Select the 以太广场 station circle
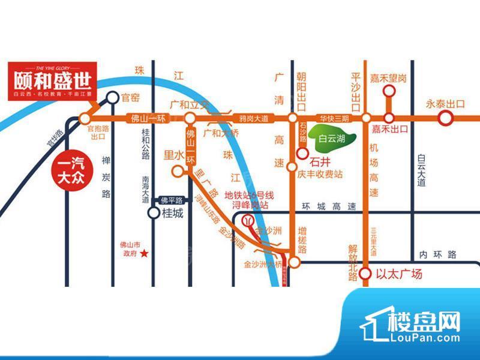365,275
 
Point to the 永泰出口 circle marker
445,118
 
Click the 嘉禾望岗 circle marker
389,91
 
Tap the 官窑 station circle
112,98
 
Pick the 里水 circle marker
177,171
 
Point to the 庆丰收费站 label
320,175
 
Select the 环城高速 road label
329,206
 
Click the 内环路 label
438,254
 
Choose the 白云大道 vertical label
421,170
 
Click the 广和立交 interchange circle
190,118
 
